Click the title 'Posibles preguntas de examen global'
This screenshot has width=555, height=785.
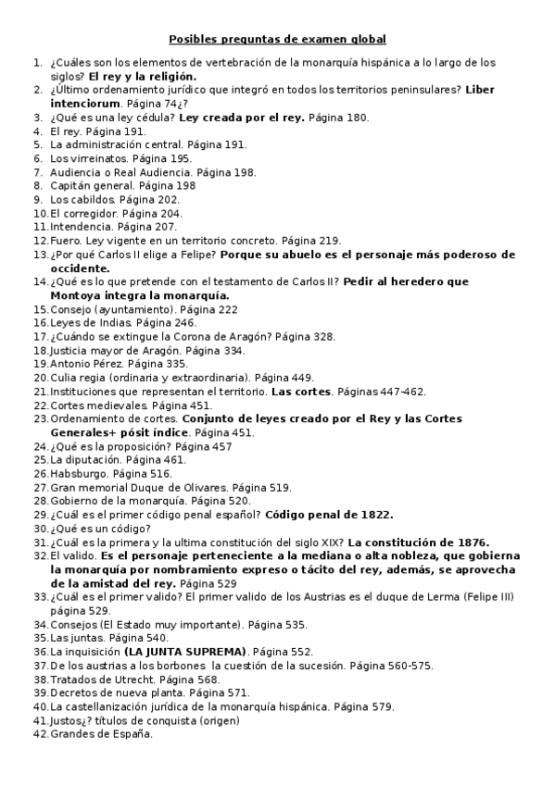tap(277, 40)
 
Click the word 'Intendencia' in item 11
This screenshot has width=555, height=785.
tap(78, 227)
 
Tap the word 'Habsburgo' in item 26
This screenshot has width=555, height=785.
tap(78, 473)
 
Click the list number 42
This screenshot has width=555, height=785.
tap(40, 734)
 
